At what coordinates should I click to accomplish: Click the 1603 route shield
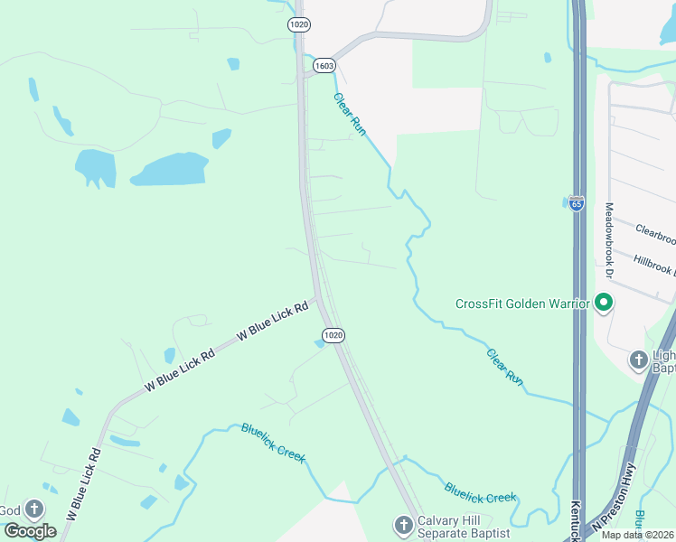pyautogui.click(x=325, y=65)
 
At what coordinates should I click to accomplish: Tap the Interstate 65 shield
pyautogui.click(x=577, y=203)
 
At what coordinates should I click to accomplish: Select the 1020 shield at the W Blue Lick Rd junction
pyautogui.click(x=333, y=335)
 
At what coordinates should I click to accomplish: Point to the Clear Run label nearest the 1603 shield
pyautogui.click(x=350, y=115)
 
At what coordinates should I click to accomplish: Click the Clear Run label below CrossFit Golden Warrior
pyautogui.click(x=505, y=365)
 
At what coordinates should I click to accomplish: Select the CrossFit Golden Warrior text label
pyautogui.click(x=522, y=304)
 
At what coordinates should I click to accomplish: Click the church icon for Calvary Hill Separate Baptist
pyautogui.click(x=403, y=524)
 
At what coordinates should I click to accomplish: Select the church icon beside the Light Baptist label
pyautogui.click(x=638, y=360)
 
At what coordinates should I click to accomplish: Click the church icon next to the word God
pyautogui.click(x=34, y=510)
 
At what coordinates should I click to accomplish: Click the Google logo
pyautogui.click(x=30, y=531)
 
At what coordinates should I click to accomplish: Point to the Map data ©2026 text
pyautogui.click(x=638, y=535)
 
